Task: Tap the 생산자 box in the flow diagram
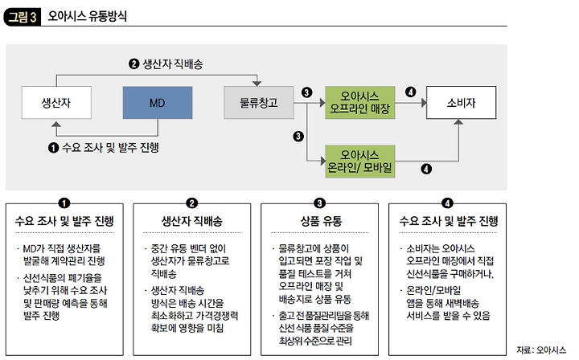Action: click(x=55, y=103)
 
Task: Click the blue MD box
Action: click(x=157, y=103)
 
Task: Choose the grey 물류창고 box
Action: click(x=258, y=103)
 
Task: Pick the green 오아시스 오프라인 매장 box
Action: click(x=360, y=101)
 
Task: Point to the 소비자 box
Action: click(x=459, y=103)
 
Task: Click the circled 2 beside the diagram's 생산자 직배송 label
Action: click(x=134, y=63)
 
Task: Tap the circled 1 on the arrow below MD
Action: click(x=54, y=147)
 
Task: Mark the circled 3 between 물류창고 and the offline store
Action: click(x=306, y=93)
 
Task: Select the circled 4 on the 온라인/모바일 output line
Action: click(x=426, y=169)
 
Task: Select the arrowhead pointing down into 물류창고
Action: click(x=258, y=82)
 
